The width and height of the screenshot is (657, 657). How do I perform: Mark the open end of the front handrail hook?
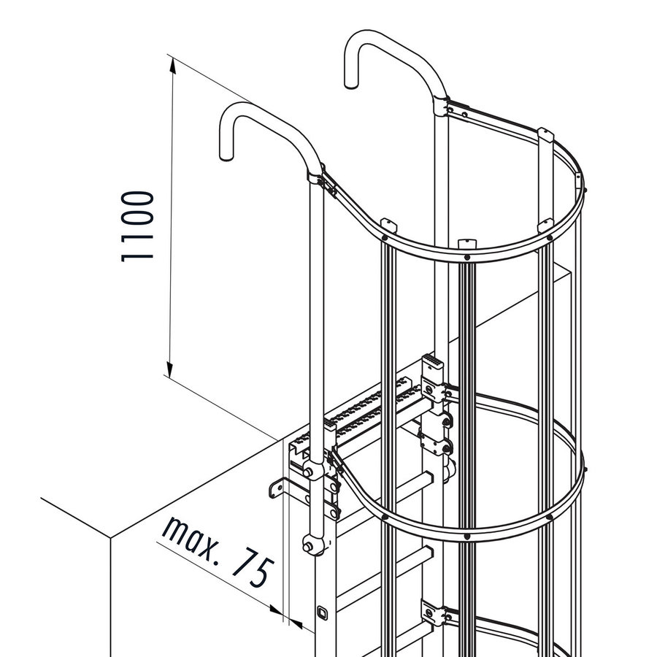pos(226,155)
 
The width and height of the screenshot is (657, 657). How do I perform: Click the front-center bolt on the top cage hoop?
pos(466,257)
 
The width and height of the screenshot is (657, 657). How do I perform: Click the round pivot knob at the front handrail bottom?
pos(312,544)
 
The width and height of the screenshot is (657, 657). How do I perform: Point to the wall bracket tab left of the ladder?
pos(277,487)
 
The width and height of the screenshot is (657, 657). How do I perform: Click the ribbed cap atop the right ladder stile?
pos(432,364)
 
